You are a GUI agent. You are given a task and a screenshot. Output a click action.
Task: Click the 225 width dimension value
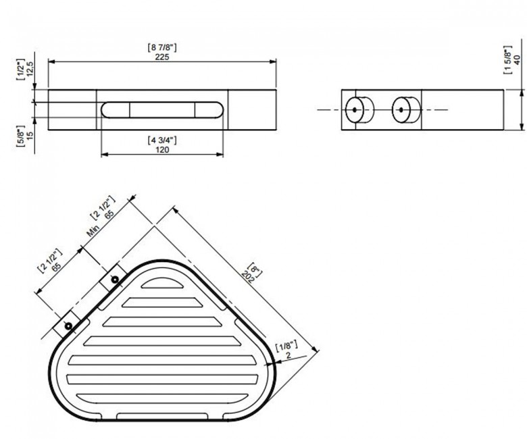(162, 57)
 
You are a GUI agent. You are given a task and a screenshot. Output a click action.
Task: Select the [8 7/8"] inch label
(162, 47)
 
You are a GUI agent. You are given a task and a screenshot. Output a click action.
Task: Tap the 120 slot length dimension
(162, 150)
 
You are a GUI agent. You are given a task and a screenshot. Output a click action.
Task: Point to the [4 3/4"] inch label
(162, 140)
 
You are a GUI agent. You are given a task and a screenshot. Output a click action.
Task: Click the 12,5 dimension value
(30, 69)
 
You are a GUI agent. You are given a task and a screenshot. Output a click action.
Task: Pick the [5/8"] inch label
(20, 136)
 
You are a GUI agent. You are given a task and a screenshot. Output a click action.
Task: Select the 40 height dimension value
(518, 60)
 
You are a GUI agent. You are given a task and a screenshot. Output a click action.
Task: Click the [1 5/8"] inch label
(507, 60)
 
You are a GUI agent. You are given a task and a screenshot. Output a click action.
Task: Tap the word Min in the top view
(93, 231)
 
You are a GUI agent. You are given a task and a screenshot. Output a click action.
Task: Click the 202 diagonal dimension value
(248, 276)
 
